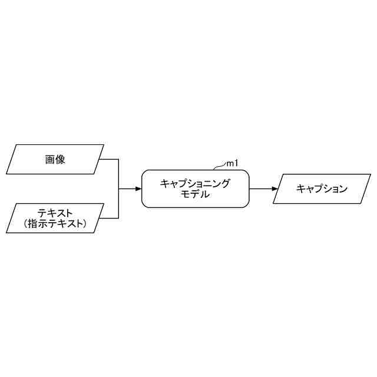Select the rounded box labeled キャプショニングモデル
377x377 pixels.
coord(195,188)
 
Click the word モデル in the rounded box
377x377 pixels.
coord(195,194)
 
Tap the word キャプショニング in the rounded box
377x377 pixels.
coord(195,183)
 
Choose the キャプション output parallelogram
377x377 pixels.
coord(322,188)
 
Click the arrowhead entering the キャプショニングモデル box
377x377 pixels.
coord(138,188)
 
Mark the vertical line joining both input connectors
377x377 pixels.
coord(119,188)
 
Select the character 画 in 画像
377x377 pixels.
coord(50,159)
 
